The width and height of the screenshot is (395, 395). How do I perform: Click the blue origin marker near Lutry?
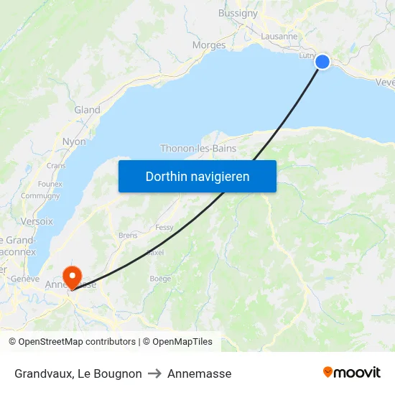tap(322, 62)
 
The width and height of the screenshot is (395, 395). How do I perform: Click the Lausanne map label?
tap(279, 36)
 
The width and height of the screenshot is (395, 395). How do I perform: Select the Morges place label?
tap(208, 45)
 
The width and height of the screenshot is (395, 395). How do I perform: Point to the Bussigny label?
tap(238, 13)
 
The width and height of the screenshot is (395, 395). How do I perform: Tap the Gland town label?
tap(87, 110)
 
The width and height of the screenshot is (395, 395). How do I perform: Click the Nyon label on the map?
tap(74, 141)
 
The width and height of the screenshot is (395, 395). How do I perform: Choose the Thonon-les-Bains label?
tap(198, 149)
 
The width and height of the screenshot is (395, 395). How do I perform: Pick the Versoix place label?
tap(37, 221)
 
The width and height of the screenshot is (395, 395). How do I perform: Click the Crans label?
tap(56, 165)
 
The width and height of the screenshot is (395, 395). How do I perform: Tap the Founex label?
tap(50, 184)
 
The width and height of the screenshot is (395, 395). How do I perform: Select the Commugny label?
tap(40, 195)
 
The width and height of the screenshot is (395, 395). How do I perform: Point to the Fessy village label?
tap(164, 227)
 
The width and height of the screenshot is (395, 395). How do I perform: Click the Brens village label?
tap(128, 235)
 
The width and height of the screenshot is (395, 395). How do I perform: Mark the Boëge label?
tap(159, 279)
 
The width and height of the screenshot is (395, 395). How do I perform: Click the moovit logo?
tap(351, 373)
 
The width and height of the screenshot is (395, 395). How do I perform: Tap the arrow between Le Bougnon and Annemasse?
tap(154, 373)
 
